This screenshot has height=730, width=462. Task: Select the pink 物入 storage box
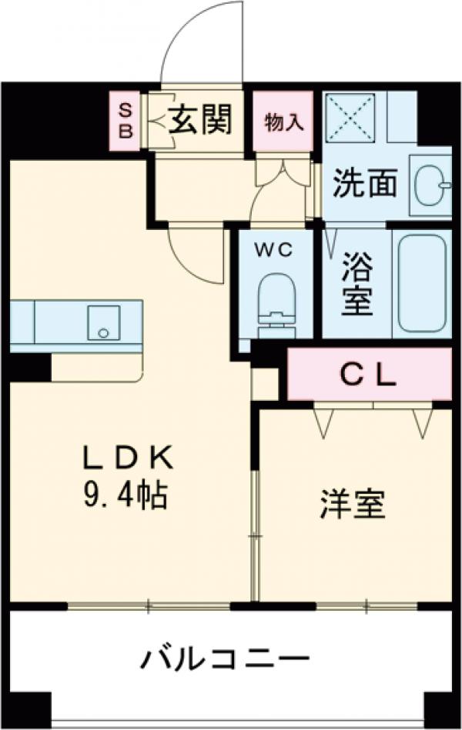[x=283, y=121]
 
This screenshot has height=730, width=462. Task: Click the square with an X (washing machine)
[x=350, y=116]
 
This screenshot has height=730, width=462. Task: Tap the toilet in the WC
[x=276, y=304]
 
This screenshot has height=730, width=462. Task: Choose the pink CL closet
[x=369, y=375]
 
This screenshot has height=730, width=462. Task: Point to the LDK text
[x=126, y=459]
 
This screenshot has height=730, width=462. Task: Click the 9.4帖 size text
[x=126, y=496]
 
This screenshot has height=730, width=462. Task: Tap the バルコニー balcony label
[x=225, y=658]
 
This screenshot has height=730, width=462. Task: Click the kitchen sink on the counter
[x=101, y=322]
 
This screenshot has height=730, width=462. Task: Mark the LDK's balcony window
[x=150, y=606]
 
